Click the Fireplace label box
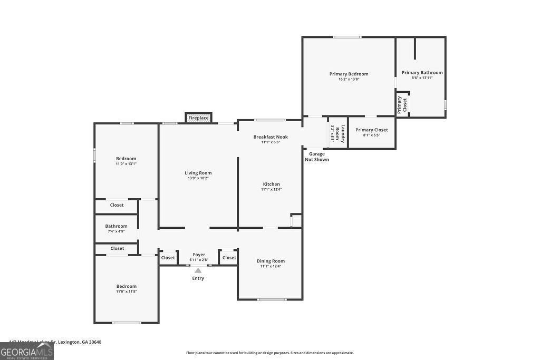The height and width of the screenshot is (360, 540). [x=198, y=118]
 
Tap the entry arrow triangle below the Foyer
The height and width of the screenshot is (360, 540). [x=198, y=270]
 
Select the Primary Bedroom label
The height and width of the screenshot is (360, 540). [x=349, y=74]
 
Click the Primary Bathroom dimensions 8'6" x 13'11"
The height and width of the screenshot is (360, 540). [x=422, y=78]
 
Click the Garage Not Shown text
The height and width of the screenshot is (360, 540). [x=317, y=157]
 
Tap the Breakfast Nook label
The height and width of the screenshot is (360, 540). [x=271, y=137]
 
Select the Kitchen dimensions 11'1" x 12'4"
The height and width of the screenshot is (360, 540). [x=271, y=189]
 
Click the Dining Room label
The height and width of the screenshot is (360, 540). [x=271, y=261]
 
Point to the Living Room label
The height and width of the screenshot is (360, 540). [x=198, y=173]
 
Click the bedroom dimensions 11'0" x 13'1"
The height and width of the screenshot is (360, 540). [x=126, y=163]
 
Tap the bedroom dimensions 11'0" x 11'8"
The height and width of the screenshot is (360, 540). [x=126, y=291]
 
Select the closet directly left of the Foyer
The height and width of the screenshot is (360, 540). [x=168, y=258]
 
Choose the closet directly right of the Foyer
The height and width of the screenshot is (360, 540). [x=229, y=258]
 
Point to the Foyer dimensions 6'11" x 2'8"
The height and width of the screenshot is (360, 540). [x=199, y=260]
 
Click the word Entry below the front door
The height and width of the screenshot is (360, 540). [x=198, y=278]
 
